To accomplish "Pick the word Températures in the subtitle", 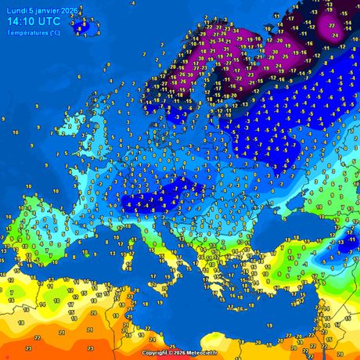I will point(25,32).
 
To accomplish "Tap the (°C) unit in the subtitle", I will point(53,32).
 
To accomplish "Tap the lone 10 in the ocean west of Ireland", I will point(29,187).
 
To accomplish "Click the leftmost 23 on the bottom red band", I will point(27,348).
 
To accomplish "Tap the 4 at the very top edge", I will point(132,3).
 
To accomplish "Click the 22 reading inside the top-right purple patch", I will point(332,25).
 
